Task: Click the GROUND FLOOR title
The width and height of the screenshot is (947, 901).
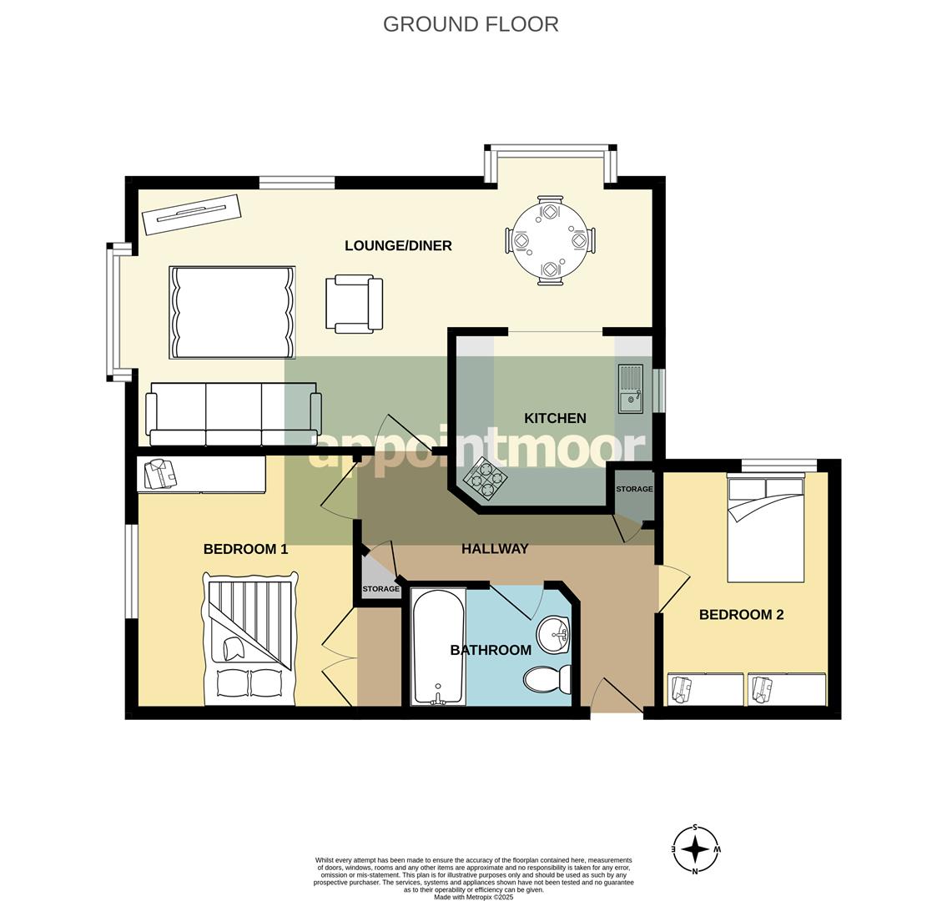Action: pos(471,24)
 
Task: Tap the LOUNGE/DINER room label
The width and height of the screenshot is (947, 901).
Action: pos(398,245)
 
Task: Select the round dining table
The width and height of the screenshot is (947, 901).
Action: pos(550,240)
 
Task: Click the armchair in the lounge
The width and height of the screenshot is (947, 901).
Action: pos(354,304)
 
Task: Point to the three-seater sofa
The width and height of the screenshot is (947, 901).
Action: pos(234,414)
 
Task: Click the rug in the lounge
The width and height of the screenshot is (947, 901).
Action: pos(232,312)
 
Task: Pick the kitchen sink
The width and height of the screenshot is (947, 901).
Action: pos(631,389)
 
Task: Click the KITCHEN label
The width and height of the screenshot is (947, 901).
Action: pos(555,418)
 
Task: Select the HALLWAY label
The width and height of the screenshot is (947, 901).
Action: pos(495,548)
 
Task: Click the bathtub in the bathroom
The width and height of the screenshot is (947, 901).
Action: pos(438,647)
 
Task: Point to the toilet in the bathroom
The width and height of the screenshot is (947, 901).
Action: pos(548,679)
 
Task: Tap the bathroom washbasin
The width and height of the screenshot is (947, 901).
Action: pos(553,636)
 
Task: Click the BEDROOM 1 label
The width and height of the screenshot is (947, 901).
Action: pos(245,549)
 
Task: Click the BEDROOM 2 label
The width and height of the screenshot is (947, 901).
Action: pos(741,615)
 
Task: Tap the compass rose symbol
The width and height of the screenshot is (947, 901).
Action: pos(695,849)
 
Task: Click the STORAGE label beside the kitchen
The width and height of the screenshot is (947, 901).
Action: pos(634,489)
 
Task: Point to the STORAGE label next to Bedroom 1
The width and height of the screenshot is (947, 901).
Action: pos(380,589)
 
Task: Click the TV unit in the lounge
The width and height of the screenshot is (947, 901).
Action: pos(191,214)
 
